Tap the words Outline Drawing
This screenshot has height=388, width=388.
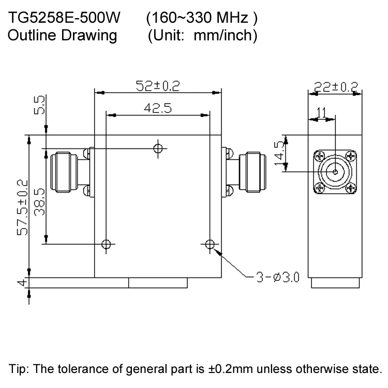click(63, 36)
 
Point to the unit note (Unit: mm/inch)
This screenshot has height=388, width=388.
click(202, 36)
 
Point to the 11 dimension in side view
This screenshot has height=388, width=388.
click(321, 112)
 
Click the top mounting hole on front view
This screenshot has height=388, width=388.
click(159, 148)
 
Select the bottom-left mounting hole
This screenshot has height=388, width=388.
click(107, 244)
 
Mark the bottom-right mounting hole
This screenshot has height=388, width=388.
click(210, 244)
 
